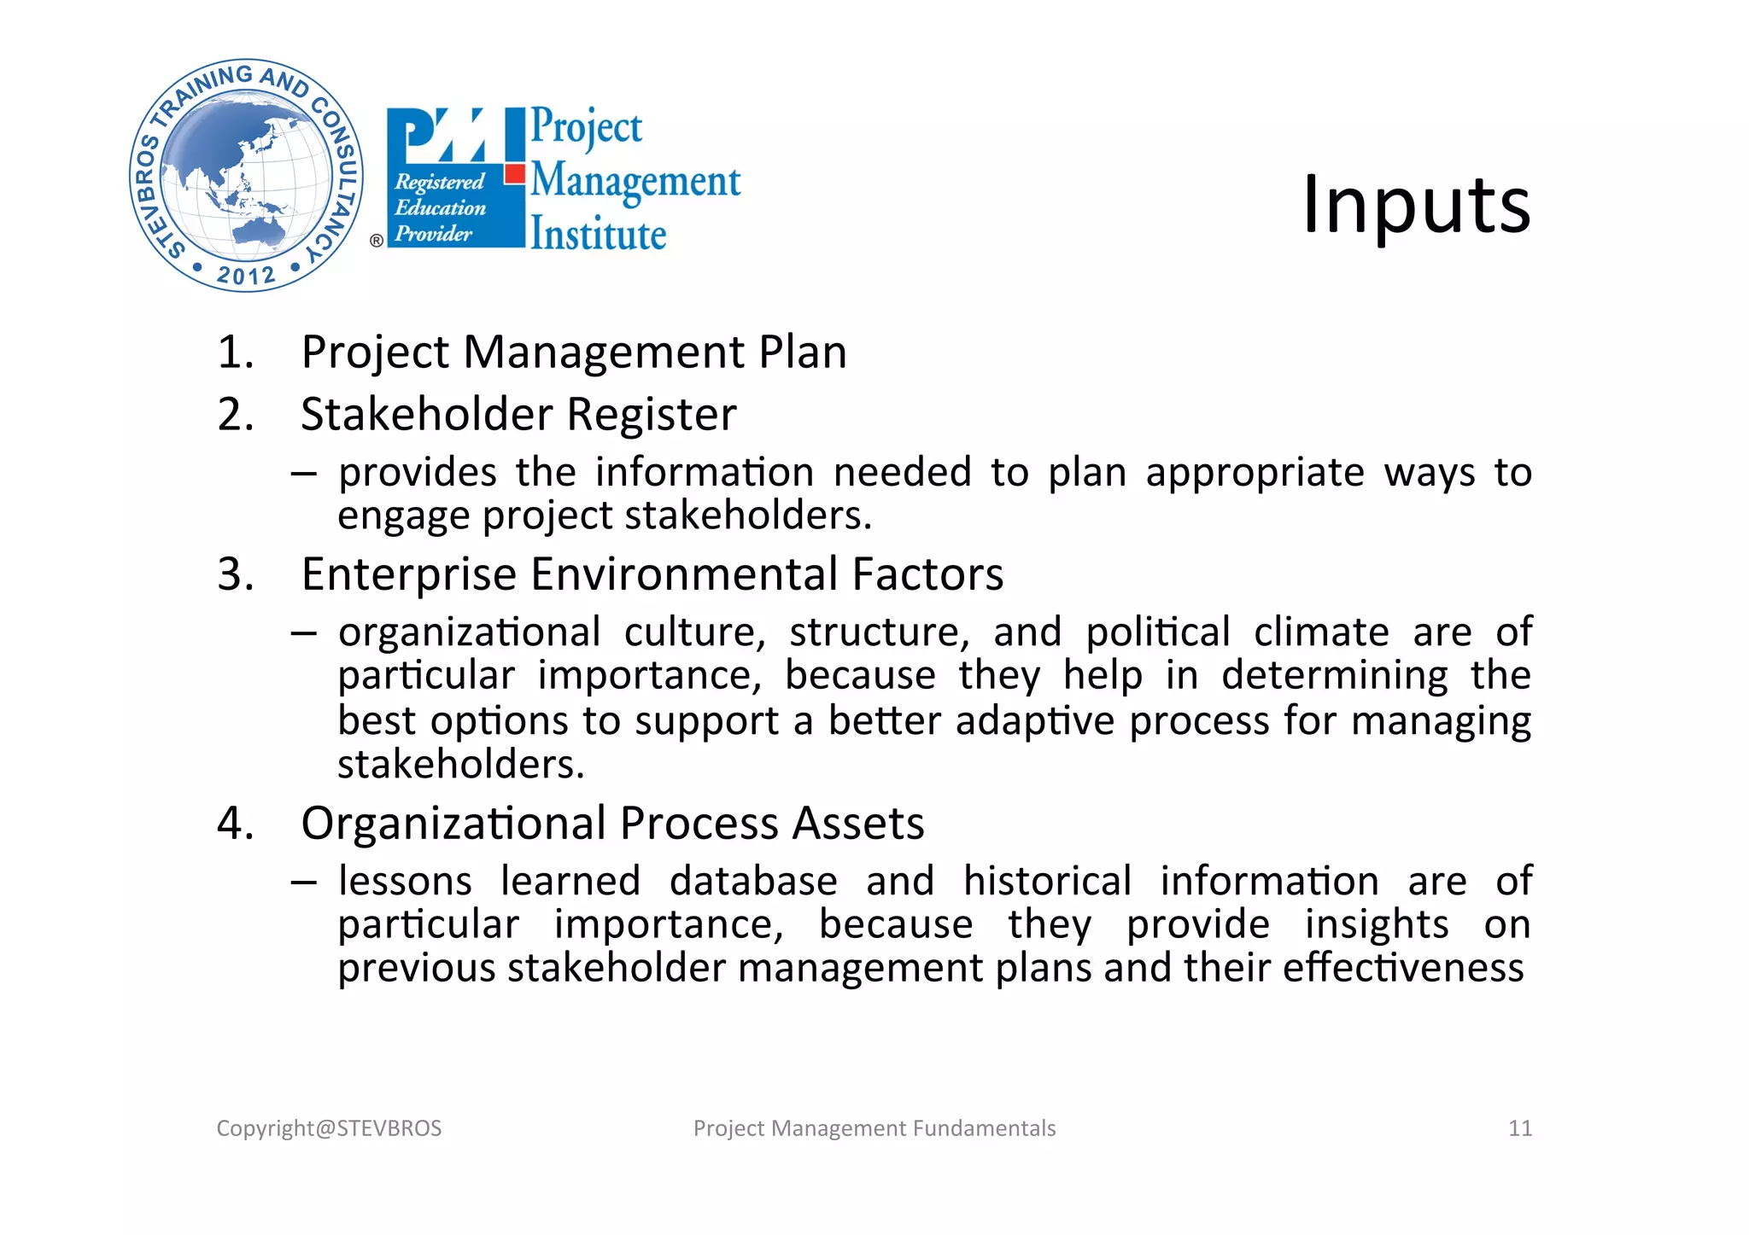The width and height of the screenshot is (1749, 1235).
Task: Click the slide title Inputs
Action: click(1416, 205)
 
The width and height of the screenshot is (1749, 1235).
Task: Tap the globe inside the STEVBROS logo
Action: click(246, 176)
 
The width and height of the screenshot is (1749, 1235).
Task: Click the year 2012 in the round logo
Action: click(246, 275)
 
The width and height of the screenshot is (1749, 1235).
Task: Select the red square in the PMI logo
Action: click(514, 174)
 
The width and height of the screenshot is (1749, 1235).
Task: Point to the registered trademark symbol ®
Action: click(377, 241)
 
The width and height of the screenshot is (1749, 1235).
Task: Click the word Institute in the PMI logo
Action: click(598, 235)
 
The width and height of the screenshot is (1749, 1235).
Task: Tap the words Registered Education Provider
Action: click(440, 207)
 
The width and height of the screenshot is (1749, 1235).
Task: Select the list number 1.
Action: click(235, 352)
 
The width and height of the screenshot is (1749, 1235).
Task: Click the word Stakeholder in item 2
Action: click(427, 414)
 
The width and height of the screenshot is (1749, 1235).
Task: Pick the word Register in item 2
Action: click(652, 414)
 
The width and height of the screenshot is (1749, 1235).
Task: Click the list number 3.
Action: click(236, 574)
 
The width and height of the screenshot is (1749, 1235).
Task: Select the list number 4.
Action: click(236, 823)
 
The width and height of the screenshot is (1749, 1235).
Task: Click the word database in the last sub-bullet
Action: click(753, 881)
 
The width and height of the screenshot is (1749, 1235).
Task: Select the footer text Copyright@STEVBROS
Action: click(329, 1128)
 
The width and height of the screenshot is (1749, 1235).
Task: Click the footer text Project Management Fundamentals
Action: click(874, 1128)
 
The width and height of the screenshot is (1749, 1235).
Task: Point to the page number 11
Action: click(1520, 1128)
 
